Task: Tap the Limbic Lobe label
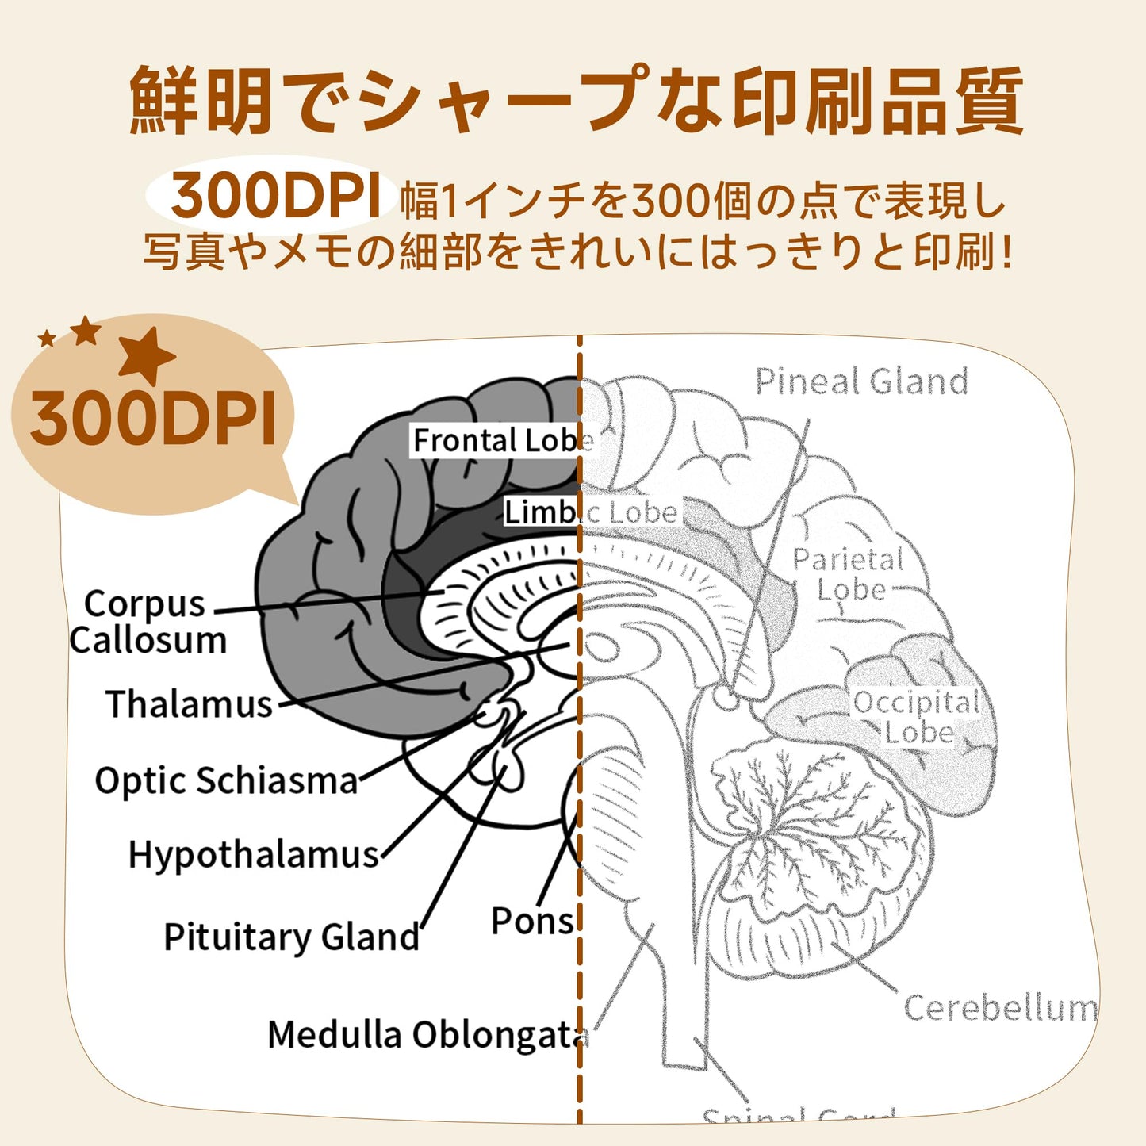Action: (x=591, y=512)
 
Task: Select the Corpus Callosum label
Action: (x=147, y=622)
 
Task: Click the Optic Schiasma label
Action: (x=226, y=781)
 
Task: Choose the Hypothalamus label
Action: (x=254, y=855)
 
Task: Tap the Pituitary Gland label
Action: (x=291, y=937)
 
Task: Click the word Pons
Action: (x=531, y=922)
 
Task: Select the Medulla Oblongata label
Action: (x=427, y=1035)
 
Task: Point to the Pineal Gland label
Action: (x=861, y=381)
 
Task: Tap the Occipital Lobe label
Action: (x=917, y=717)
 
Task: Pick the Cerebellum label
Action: (x=1000, y=1008)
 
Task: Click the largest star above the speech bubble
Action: (x=146, y=355)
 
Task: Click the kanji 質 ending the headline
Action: (x=988, y=101)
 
